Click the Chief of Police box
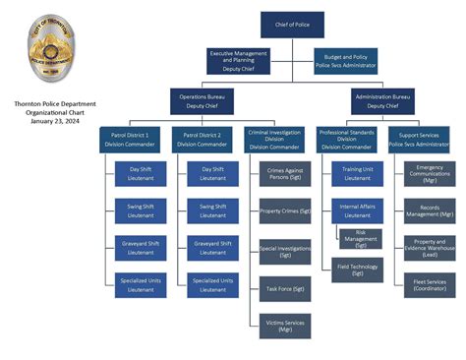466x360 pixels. tap(292, 25)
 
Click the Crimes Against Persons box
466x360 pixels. tap(285, 175)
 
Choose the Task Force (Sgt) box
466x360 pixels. tap(285, 289)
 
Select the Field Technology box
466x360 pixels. tap(357, 269)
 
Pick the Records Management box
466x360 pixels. tap(430, 211)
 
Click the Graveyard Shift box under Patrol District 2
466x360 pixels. tap(213, 247)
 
